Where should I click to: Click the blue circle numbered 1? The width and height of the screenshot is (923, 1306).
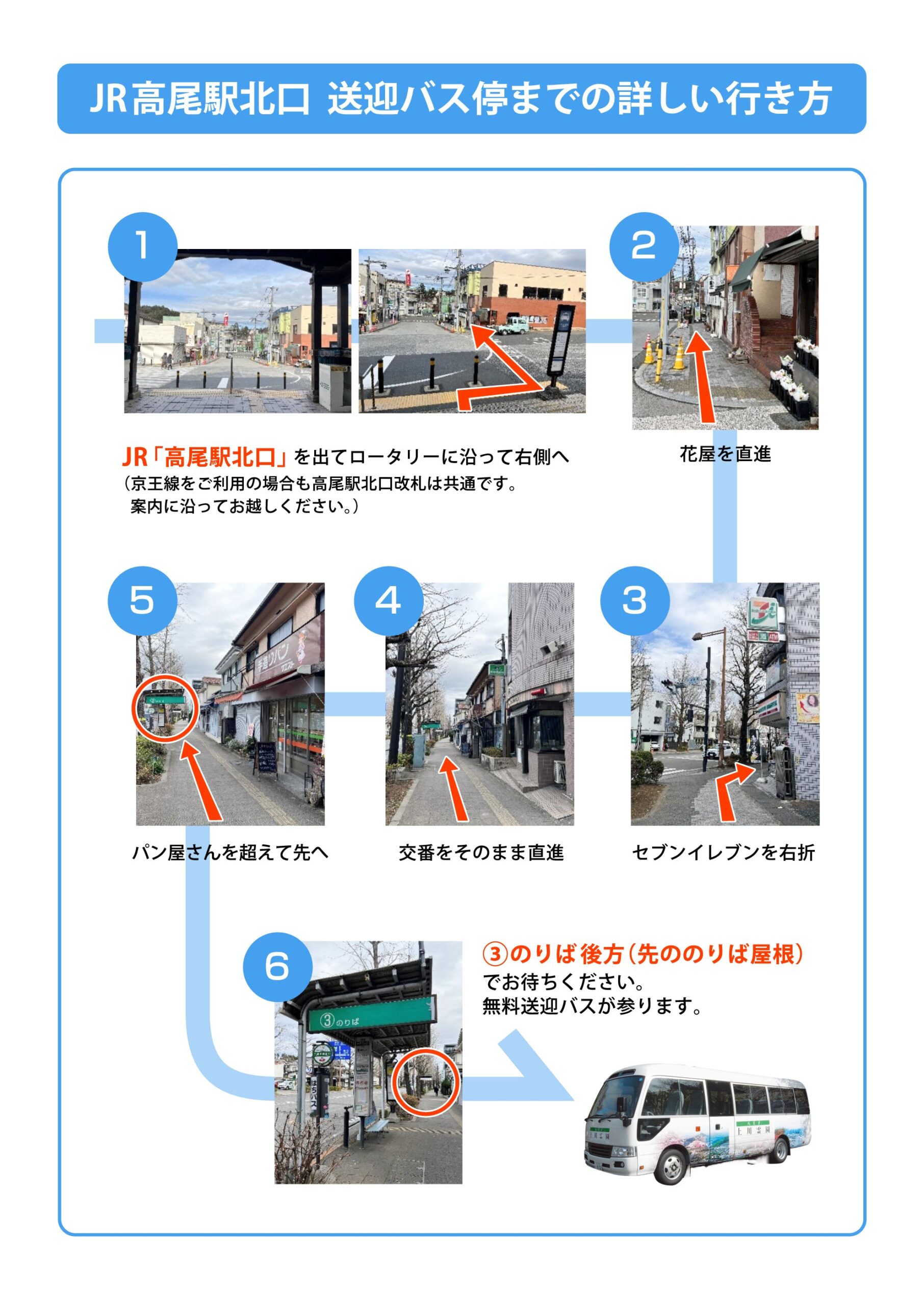point(143,246)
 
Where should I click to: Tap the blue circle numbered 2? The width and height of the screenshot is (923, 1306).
point(644,246)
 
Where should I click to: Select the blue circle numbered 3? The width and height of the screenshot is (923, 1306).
point(635,600)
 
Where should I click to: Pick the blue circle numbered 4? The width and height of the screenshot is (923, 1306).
point(389,600)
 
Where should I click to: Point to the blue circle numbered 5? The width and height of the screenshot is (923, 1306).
point(142,600)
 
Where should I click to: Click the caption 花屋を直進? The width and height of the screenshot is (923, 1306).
point(725,454)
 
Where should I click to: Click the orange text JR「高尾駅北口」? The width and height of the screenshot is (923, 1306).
point(207,457)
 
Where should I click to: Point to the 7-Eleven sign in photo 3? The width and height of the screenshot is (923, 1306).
point(765,613)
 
